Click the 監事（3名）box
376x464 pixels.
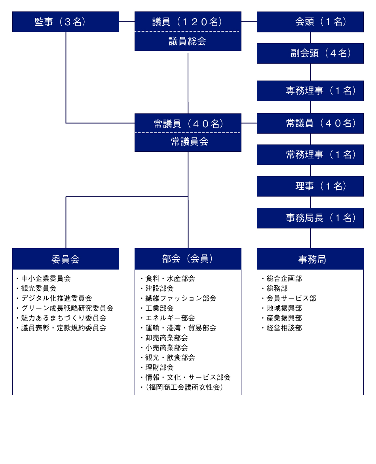tap(65, 22)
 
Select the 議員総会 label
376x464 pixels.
tap(188, 41)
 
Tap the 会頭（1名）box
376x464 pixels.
tap(310, 22)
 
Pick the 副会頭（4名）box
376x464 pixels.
tap(310, 53)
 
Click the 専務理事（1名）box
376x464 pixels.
tap(310, 91)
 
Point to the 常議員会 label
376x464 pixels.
tap(190, 142)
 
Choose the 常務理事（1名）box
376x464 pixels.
tap(310, 155)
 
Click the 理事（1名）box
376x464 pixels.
tap(310, 186)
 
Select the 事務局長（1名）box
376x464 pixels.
tap(310, 218)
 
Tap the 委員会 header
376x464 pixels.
tap(65, 259)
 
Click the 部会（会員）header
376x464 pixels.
tap(188, 259)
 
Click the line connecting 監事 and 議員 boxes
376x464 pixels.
tap(127, 22)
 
